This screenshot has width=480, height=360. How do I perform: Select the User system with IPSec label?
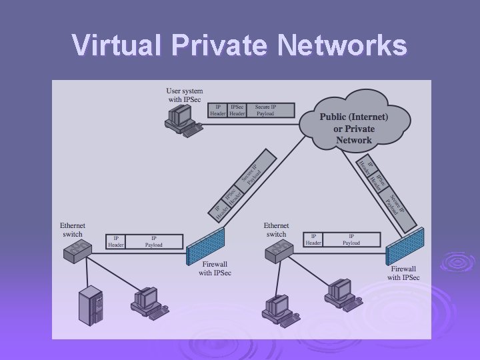(185, 95)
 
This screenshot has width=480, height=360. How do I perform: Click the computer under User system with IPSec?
(181, 119)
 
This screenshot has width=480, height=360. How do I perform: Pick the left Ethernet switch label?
(73, 230)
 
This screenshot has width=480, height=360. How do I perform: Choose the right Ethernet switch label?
(276, 230)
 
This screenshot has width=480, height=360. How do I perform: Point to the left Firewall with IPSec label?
(215, 269)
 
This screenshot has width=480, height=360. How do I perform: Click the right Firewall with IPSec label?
(403, 273)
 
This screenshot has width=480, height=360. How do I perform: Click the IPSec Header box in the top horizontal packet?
(237, 110)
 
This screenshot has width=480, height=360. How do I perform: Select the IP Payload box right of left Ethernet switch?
(154, 241)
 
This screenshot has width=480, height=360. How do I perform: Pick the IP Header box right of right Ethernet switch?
(313, 239)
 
